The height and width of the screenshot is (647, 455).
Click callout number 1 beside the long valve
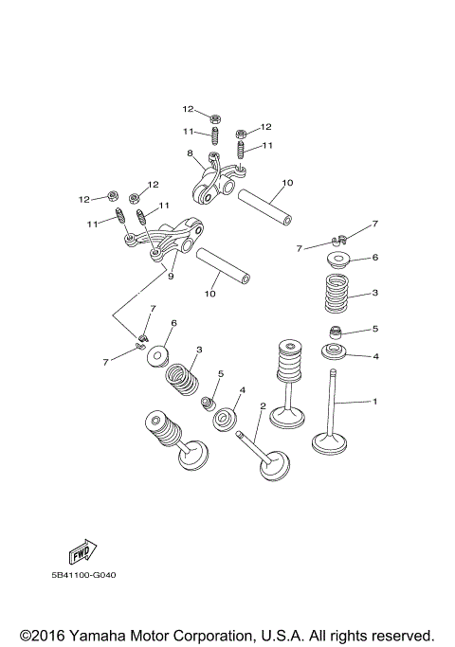[374, 402]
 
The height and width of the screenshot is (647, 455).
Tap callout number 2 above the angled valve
[263, 406]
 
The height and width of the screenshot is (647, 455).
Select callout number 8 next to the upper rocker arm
[190, 153]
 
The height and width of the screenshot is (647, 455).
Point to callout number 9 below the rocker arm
[172, 277]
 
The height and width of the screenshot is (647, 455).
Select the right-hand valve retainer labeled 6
[339, 259]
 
